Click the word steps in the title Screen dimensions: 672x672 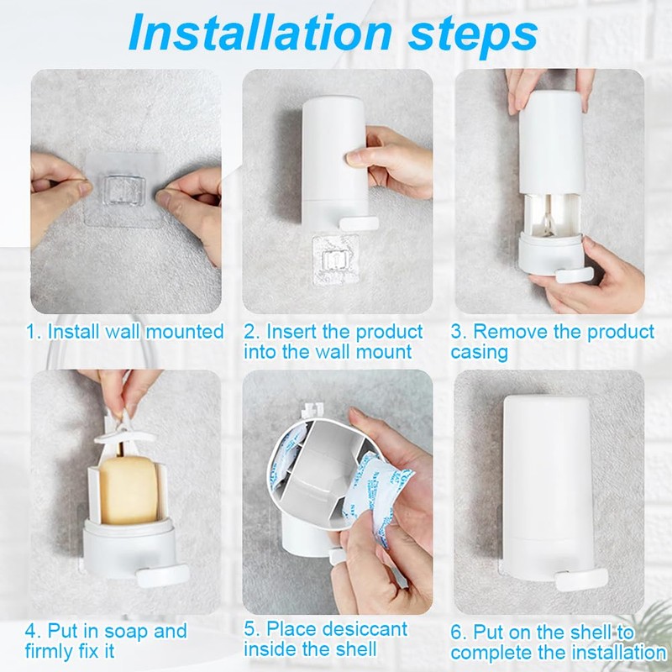(x=468, y=35)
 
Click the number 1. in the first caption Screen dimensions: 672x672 (x=34, y=331)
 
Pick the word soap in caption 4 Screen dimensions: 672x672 (x=131, y=631)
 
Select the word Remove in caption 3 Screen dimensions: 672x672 (x=503, y=331)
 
